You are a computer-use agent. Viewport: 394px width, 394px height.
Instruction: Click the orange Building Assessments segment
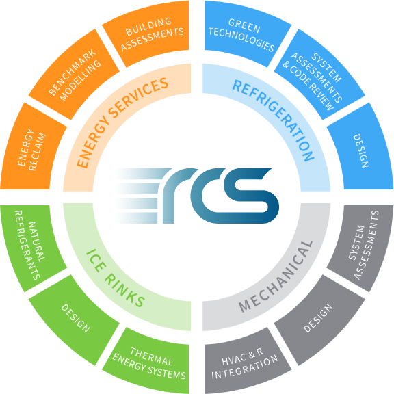(x=150, y=34)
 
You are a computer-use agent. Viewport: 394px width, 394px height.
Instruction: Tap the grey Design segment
(x=319, y=319)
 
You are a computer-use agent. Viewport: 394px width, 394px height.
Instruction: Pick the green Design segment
(x=75, y=319)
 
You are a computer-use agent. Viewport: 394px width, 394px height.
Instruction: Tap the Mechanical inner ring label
(x=275, y=276)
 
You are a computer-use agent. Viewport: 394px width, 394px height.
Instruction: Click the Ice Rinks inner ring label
(x=115, y=278)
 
